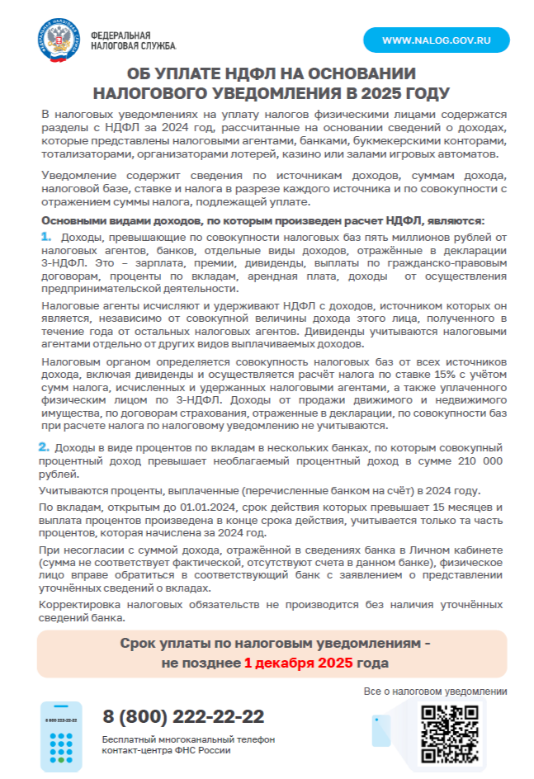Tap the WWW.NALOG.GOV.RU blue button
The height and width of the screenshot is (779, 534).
(437, 40)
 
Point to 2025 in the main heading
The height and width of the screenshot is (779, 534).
(381, 92)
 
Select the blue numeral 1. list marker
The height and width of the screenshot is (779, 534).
(46, 238)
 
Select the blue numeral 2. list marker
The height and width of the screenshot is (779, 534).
(44, 446)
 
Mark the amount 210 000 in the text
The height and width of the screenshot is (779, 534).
(475, 460)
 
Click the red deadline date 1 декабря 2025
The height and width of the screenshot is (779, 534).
(298, 663)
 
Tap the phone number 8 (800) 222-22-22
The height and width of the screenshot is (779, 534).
(183, 716)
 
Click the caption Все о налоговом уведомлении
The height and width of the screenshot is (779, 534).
(435, 691)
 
